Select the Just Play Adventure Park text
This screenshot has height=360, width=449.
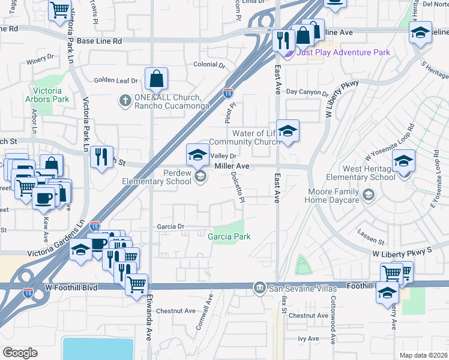pos(343,52)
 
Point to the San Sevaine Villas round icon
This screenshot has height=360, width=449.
pos(259,288)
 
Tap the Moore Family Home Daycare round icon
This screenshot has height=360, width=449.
pos(369,194)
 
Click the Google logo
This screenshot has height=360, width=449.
pos(20,352)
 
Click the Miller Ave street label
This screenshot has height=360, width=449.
pos(232,166)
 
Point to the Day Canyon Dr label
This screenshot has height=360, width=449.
pos(307,92)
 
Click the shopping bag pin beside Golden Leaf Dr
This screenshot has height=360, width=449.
pos(156,79)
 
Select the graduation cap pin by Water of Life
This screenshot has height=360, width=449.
pos(288,132)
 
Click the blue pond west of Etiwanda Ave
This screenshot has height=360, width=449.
pos(98,348)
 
